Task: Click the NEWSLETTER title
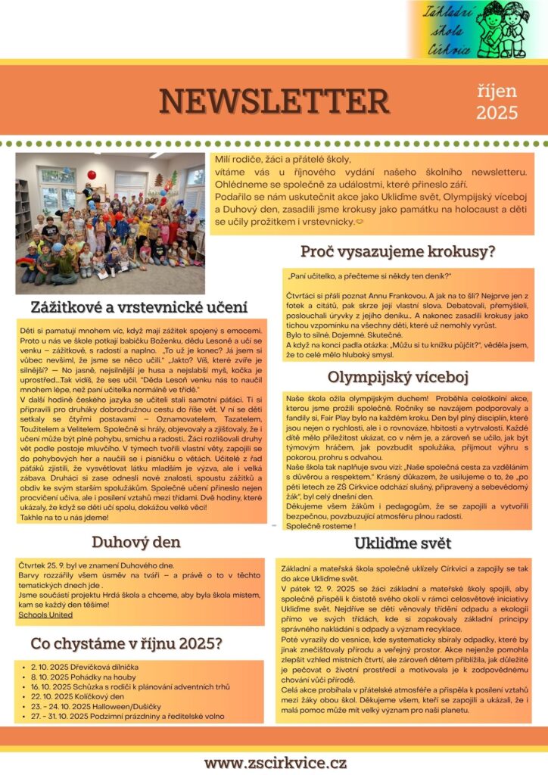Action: [x=273, y=101]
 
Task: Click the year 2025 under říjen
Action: [x=497, y=113]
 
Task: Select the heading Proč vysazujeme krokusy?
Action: [x=397, y=251]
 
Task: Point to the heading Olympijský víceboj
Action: [x=398, y=377]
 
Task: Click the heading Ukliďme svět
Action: [x=402, y=543]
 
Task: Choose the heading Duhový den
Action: [x=136, y=541]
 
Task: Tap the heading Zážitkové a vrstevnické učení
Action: [x=140, y=307]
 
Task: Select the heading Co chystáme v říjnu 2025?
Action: [x=126, y=643]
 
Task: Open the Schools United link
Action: [x=45, y=615]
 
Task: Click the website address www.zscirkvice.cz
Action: [x=275, y=761]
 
